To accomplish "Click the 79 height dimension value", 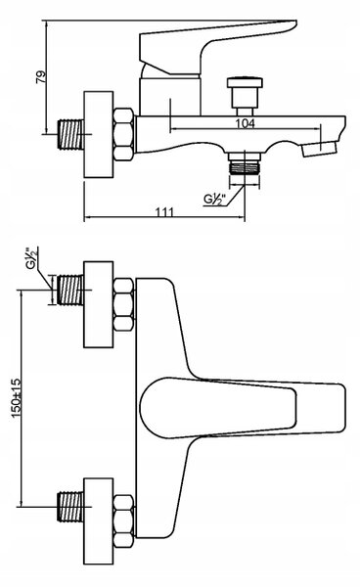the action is click(41, 77).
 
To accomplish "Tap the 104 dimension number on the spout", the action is click(245, 123).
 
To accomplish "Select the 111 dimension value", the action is click(164, 212).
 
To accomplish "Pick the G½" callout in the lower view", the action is click(32, 258).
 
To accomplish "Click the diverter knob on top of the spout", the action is click(245, 96).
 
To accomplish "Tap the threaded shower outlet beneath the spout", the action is click(245, 163).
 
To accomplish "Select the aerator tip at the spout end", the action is click(319, 149).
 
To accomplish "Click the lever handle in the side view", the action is click(209, 49).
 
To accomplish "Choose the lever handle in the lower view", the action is click(243, 408).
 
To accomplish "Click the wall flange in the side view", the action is click(99, 134).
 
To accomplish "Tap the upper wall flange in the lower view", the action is click(99, 304).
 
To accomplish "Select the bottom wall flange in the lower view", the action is click(99, 521).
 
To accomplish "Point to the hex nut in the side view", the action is click(123, 134).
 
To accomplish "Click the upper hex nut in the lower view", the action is click(123, 304).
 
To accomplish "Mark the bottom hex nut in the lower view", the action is click(123, 521).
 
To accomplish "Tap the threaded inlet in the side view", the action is click(70, 134).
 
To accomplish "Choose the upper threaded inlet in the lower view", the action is click(70, 291).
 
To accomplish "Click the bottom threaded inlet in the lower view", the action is click(70, 507).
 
